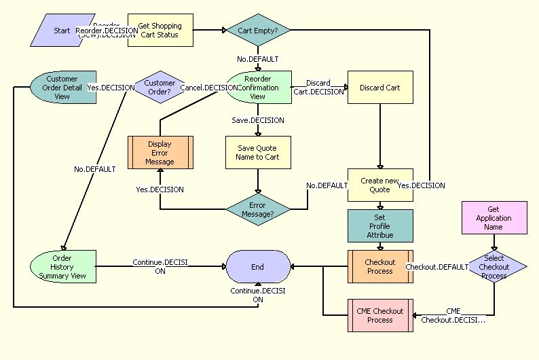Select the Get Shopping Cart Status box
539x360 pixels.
pyautogui.click(x=160, y=31)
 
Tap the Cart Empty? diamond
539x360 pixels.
pyautogui.click(x=258, y=30)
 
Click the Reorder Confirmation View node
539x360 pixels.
pyautogui.click(x=258, y=88)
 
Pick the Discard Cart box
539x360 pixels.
pyautogui.click(x=380, y=88)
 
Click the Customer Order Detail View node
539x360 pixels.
pyautogui.click(x=62, y=88)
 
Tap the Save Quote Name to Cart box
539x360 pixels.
pyautogui.click(x=258, y=153)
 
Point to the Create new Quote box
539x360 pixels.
pyautogui.click(x=380, y=185)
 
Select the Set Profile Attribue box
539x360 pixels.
pyautogui.click(x=380, y=226)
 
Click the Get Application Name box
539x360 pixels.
pyautogui.click(x=494, y=218)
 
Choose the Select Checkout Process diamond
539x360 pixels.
pyautogui.click(x=494, y=266)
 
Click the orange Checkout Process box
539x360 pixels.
pyautogui.click(x=380, y=267)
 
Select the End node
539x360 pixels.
pyautogui.click(x=258, y=267)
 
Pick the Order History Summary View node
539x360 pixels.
pyautogui.click(x=62, y=267)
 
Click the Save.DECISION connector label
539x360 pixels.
pyautogui.click(x=258, y=120)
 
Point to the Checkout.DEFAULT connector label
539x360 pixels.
pyautogui.click(x=436, y=267)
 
